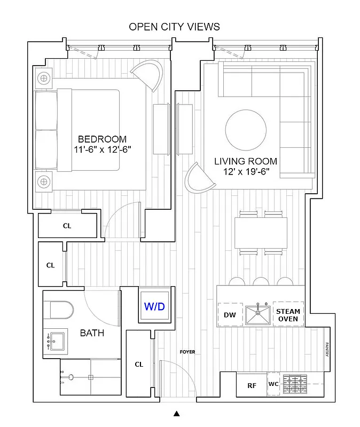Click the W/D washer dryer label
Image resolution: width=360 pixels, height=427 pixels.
154,307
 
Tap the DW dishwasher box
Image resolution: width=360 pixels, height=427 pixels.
230,315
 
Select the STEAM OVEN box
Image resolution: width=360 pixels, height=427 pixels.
288,315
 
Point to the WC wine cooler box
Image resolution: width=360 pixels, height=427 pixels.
273,384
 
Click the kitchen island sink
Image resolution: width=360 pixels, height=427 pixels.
259,315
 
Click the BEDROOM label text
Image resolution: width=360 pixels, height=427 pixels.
102,139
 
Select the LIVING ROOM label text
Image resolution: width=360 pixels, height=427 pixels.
246,161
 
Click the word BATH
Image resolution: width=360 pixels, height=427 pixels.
92,334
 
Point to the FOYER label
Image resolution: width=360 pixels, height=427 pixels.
187,352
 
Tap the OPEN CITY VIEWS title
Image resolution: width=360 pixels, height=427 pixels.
174,27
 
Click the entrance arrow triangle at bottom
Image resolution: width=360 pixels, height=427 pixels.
177,413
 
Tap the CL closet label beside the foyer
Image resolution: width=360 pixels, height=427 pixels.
139,365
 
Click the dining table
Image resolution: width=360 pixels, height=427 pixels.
261,233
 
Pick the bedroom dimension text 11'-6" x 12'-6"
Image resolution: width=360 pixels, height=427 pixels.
103,150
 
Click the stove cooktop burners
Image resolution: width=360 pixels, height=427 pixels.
295,383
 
